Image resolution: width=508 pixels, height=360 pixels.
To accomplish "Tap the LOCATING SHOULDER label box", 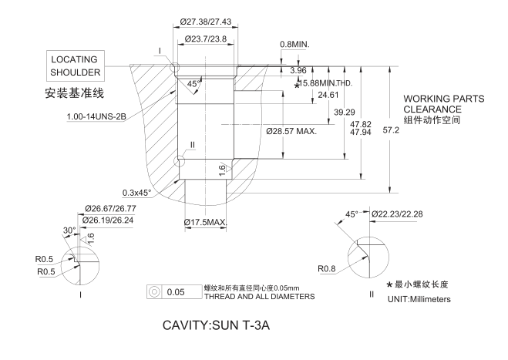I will [75, 66].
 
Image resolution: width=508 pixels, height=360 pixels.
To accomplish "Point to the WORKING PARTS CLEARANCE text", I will [443, 104].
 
